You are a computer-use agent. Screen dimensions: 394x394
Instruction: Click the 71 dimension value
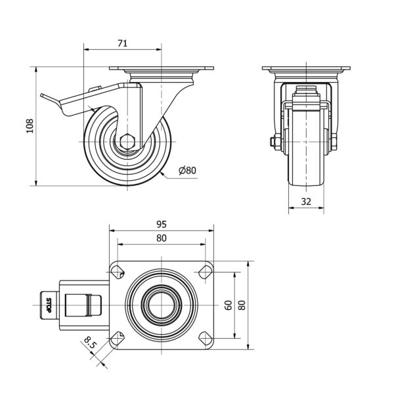122,43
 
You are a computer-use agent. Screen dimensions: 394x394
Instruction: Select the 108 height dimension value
30,126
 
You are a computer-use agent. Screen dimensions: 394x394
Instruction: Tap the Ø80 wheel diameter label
187,170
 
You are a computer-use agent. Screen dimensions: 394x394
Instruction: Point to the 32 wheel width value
306,202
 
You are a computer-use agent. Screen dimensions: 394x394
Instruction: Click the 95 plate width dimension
162,224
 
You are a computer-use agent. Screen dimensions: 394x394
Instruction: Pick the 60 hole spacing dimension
228,305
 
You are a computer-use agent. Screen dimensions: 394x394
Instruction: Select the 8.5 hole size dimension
90,343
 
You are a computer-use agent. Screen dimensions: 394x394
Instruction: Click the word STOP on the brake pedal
49,305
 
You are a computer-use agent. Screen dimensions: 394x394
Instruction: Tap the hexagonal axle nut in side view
127,142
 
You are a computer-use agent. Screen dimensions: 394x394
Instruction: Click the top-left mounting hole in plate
118,272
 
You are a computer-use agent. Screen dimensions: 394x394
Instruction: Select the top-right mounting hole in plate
206,272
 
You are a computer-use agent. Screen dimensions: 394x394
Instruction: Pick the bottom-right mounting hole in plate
206,338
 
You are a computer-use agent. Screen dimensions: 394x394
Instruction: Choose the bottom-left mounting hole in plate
118,338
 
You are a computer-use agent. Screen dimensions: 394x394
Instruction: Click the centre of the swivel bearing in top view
162,305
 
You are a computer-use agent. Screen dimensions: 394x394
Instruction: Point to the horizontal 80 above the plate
162,238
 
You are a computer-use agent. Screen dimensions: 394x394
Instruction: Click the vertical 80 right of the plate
242,305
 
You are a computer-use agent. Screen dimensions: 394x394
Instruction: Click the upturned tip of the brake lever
41,95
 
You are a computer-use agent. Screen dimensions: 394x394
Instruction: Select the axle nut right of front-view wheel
334,142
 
